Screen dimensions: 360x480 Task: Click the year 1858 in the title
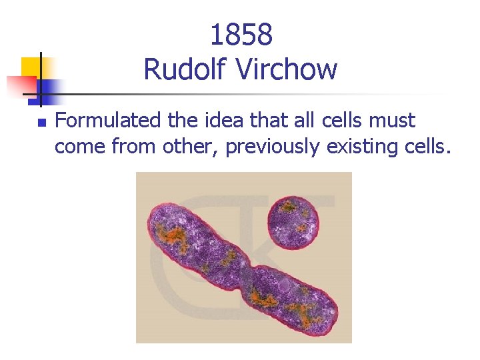[241, 35]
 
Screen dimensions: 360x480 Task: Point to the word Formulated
[109, 121]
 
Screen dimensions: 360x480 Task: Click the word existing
[362, 147]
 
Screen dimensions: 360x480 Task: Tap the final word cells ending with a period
[425, 146]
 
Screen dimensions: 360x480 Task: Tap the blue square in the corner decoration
[49, 87]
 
